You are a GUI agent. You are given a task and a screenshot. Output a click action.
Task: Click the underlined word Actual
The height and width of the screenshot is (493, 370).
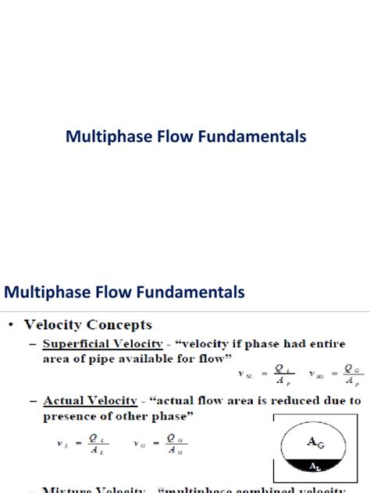[62, 400]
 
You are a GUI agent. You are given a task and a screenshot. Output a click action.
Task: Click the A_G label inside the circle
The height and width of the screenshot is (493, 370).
[317, 441]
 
